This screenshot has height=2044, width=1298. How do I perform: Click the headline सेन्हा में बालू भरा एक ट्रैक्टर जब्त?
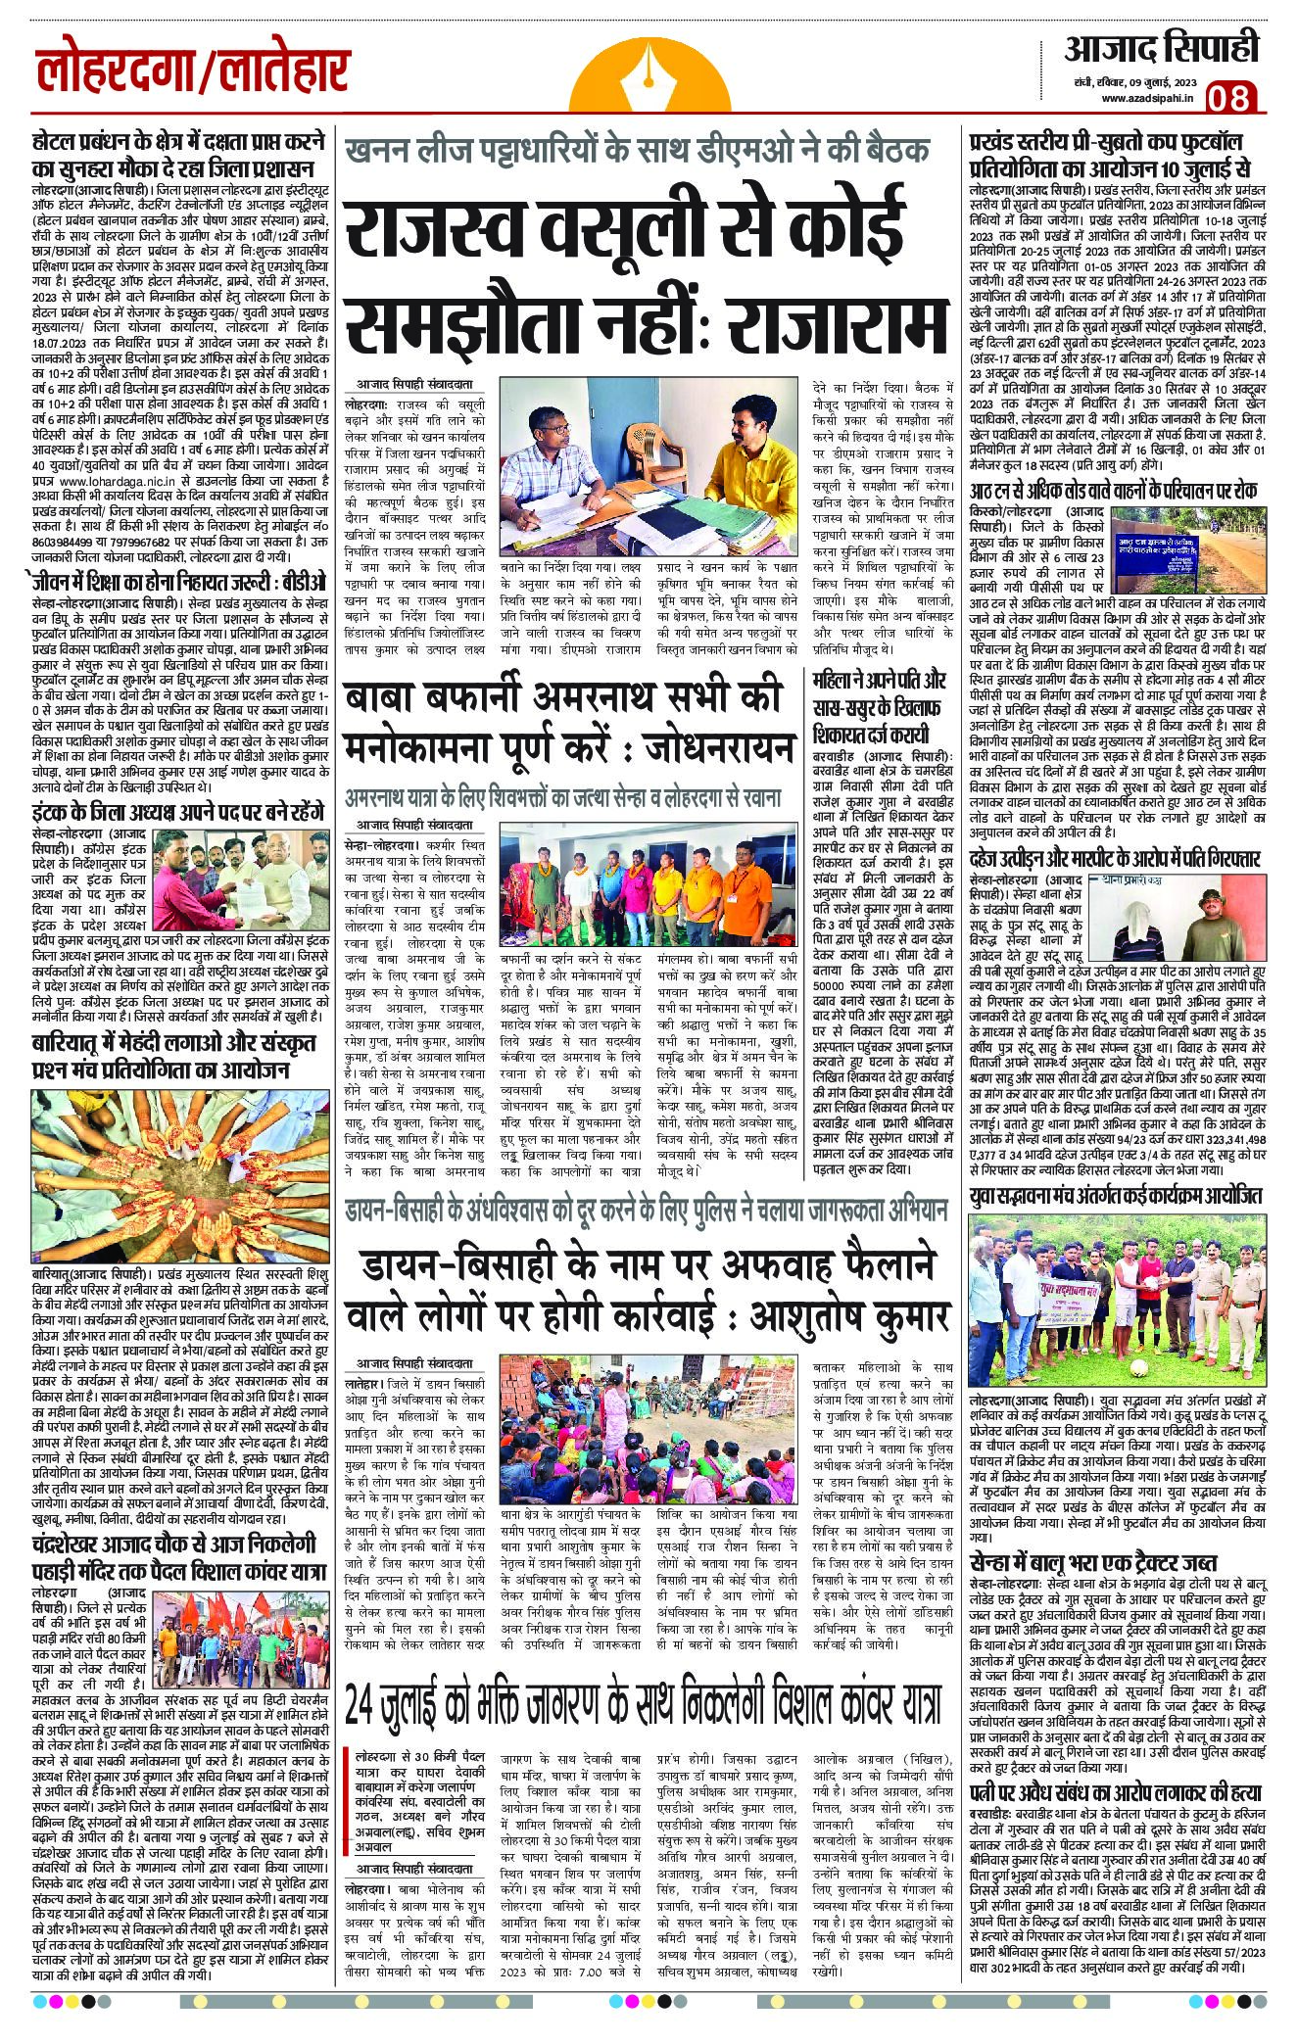coord(1094,1562)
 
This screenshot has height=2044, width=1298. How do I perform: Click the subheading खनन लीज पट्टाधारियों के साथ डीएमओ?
coord(636,153)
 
